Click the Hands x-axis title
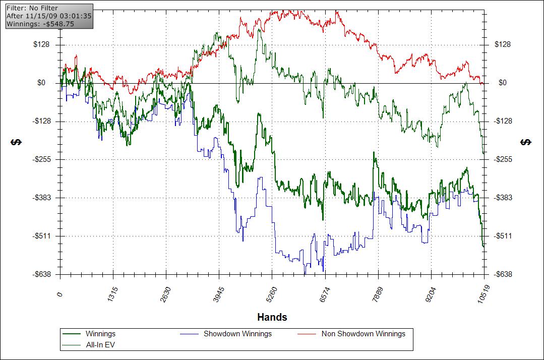click(x=272, y=317)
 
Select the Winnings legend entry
click(x=100, y=334)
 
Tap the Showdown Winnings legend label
click(x=237, y=334)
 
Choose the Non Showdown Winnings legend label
click(x=363, y=334)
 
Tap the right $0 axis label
click(x=503, y=83)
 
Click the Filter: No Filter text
click(x=32, y=8)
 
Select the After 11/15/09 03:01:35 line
click(x=48, y=16)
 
